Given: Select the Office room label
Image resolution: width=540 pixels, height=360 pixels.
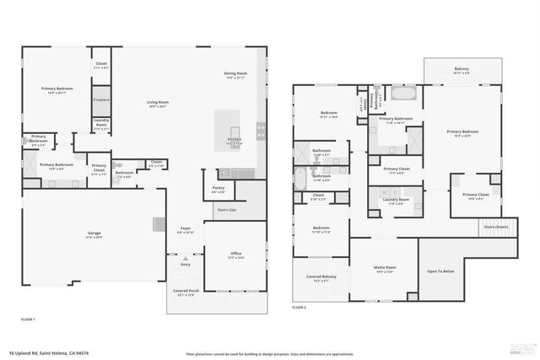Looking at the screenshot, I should click(236, 255).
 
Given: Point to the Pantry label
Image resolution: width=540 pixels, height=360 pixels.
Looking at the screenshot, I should click(218, 189).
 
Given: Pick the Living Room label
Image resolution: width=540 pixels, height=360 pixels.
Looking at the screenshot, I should click(158, 104).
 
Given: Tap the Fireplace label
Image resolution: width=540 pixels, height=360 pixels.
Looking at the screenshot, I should click(101, 99).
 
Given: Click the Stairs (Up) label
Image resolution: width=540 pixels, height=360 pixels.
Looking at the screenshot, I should click(227, 209).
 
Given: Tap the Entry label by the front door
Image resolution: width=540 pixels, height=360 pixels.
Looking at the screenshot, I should click(185, 264).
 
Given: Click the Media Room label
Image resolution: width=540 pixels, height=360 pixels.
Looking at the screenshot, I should click(385, 269).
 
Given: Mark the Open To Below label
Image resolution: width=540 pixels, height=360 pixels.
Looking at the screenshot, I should click(440, 271).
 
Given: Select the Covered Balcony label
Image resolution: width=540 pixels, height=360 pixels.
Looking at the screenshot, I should click(321, 278).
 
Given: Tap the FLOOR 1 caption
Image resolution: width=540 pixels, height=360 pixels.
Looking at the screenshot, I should click(28, 320).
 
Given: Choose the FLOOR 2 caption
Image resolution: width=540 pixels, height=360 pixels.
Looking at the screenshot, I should click(299, 309).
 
